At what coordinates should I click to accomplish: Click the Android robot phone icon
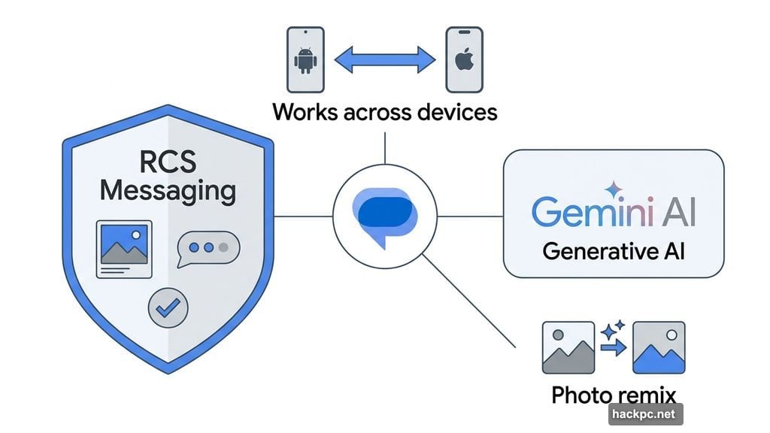305,59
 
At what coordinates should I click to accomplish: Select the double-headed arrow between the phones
384,59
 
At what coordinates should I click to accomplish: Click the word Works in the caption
307,112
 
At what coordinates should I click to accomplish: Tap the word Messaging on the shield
168,189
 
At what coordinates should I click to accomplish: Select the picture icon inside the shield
123,248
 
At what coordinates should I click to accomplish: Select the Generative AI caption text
613,250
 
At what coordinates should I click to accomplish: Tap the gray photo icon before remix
568,347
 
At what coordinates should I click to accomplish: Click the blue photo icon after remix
659,347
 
